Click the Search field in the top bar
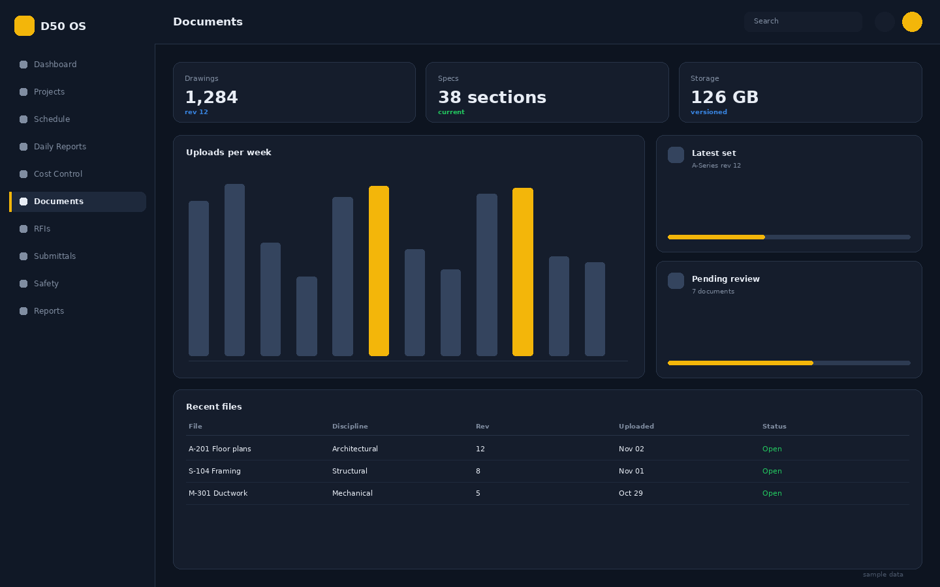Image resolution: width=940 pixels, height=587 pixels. pos(803,22)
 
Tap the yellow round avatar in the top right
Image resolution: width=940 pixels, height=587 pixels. pos(912,22)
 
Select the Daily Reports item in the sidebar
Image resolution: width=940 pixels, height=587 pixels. pos(59,147)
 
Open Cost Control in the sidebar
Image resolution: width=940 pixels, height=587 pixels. pos(58,174)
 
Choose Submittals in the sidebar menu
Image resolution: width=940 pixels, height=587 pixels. pos(55,256)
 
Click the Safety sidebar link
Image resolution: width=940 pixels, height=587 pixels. pos(46,284)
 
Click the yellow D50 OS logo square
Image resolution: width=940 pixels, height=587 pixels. pos(24,25)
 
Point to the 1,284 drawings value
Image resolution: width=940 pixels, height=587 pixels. pos(211,97)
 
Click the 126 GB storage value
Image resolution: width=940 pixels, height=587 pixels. pos(725,97)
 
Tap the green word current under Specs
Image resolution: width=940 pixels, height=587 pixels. pos(451,112)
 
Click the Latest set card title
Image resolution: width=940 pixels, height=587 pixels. pos(713,153)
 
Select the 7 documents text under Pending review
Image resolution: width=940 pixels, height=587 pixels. pos(713,292)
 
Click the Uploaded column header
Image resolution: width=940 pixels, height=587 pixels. pos(636,427)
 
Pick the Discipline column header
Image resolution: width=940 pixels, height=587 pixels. pos(350,427)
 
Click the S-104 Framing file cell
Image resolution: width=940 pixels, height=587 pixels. pos(214,471)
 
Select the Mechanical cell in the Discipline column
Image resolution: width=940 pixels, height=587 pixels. pos(352,493)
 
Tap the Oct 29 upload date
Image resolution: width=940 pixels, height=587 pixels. pos(631,493)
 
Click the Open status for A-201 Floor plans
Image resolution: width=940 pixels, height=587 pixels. pos(772,449)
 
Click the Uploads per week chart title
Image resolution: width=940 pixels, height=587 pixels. pos(228,153)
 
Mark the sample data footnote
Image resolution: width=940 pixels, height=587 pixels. pos(883,575)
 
